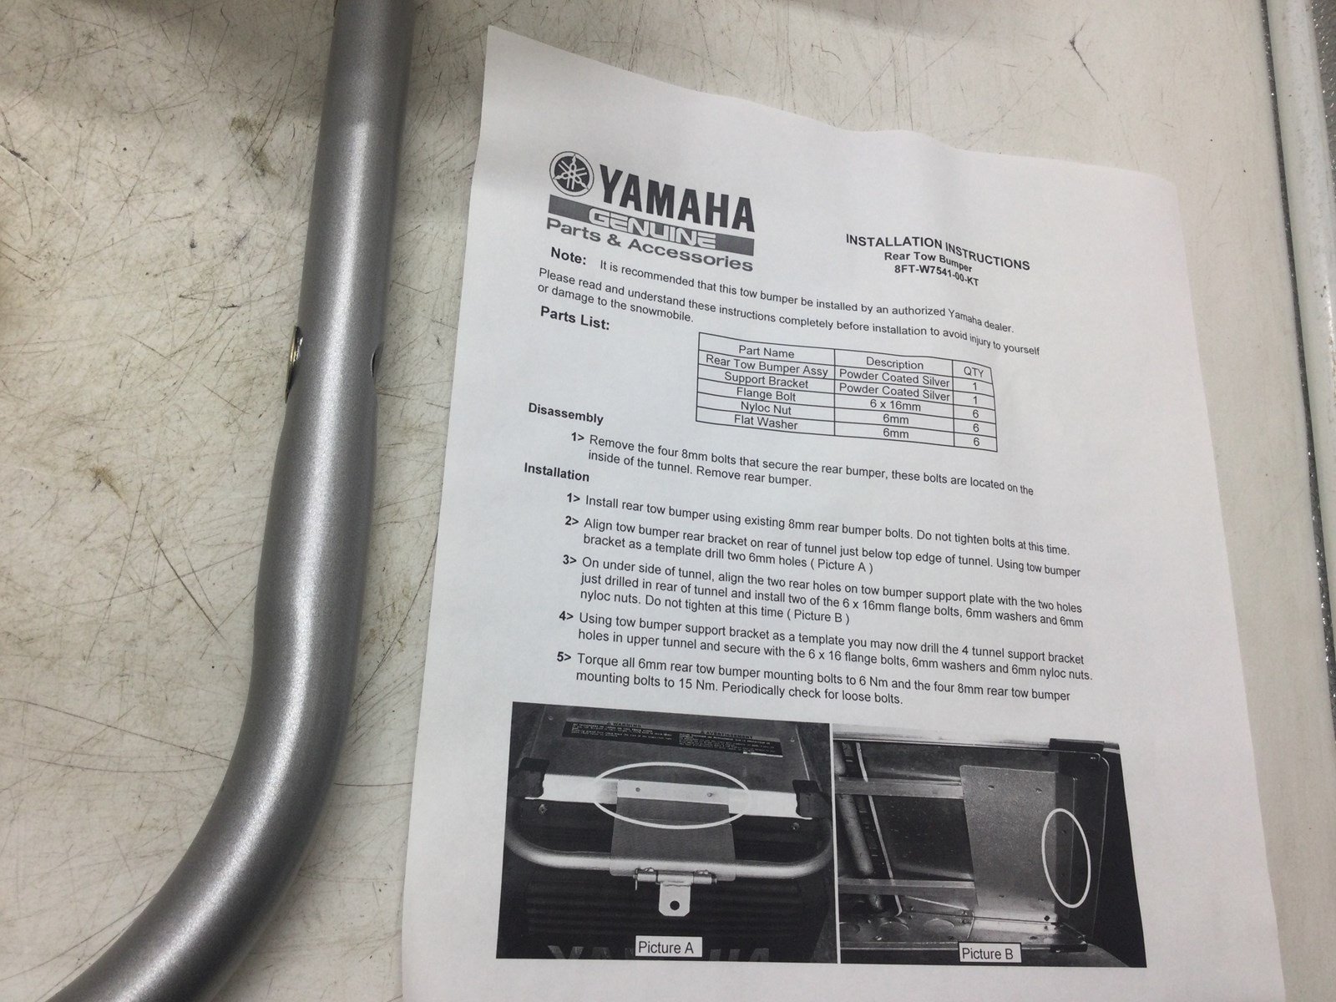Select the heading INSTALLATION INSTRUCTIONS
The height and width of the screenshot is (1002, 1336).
coord(937,251)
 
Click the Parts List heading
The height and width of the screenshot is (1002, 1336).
coord(574,317)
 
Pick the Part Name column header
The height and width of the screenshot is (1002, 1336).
coord(766,351)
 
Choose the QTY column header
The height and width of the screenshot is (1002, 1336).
coord(974,372)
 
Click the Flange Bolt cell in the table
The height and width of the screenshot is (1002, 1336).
coord(766,395)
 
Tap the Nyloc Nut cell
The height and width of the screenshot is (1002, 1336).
coord(766,407)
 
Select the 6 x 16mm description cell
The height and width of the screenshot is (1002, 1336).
coord(895,405)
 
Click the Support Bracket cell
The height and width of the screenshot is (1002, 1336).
coord(766,380)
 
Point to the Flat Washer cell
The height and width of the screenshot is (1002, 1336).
coord(765,423)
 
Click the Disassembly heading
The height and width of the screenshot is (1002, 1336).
coord(565,413)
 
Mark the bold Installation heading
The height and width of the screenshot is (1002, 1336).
coord(556,472)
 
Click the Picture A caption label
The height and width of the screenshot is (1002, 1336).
coord(665,947)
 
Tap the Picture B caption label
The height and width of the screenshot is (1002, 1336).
coord(987,954)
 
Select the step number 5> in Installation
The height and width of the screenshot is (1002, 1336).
coord(564,658)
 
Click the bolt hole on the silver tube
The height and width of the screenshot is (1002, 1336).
coord(296,362)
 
